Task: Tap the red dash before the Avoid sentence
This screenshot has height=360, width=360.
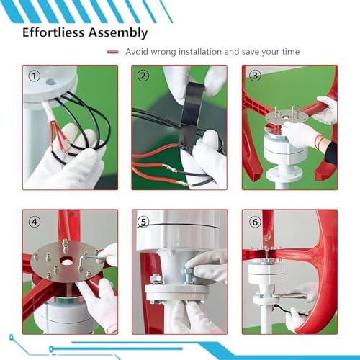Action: pos(112,52)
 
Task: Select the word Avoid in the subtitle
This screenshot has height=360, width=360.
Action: pos(138,52)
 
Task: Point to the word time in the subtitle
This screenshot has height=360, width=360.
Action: pos(289,52)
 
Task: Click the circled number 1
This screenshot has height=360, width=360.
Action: pos(33,76)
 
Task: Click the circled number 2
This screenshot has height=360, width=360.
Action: pos(143,76)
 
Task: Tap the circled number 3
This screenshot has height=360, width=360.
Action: pos(254,76)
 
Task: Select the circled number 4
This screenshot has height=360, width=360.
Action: pos(34,220)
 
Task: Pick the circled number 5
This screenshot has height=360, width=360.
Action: pos(144,220)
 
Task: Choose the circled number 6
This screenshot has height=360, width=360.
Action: pos(254,220)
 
